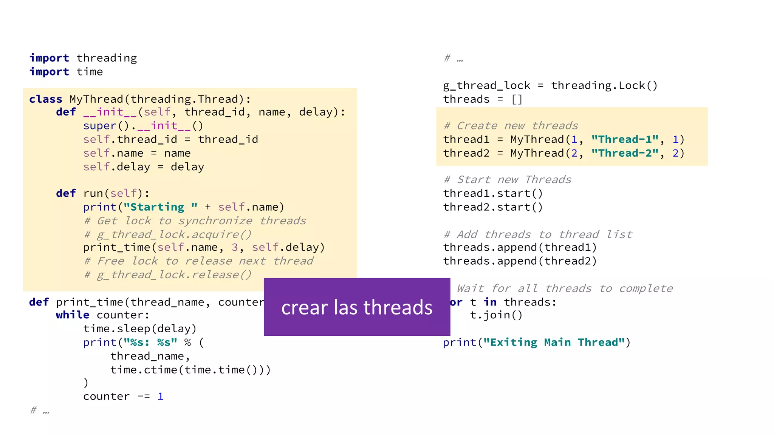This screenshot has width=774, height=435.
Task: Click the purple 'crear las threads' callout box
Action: tap(357, 307)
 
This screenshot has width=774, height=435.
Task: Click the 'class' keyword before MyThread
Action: tap(46, 99)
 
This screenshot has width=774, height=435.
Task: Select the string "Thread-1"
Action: tap(625, 140)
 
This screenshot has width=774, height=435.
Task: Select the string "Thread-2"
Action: tap(625, 153)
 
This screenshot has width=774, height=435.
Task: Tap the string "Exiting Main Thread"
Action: tap(554, 342)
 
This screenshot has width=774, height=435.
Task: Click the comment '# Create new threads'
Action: tap(511, 126)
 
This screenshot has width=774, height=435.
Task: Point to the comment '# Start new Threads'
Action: tap(508, 180)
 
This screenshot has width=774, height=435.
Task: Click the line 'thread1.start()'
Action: tap(493, 194)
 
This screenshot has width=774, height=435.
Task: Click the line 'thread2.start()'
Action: tap(493, 207)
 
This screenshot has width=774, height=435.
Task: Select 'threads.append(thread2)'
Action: tap(520, 261)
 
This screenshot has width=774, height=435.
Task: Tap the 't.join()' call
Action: tap(496, 315)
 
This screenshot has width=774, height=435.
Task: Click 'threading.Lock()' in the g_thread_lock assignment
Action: tap(604, 86)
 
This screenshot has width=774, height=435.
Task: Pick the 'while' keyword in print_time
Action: tap(73, 315)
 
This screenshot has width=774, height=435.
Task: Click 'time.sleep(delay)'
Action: tap(140, 329)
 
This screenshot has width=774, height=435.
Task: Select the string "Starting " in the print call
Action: tap(160, 207)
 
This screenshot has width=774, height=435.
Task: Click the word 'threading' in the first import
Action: tap(107, 58)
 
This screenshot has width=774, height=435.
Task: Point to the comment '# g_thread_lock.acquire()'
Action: tap(168, 234)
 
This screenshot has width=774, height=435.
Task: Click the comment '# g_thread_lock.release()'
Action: tap(168, 275)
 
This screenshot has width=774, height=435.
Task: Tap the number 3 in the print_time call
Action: tap(235, 248)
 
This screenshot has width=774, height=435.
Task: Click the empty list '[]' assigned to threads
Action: tap(517, 100)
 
